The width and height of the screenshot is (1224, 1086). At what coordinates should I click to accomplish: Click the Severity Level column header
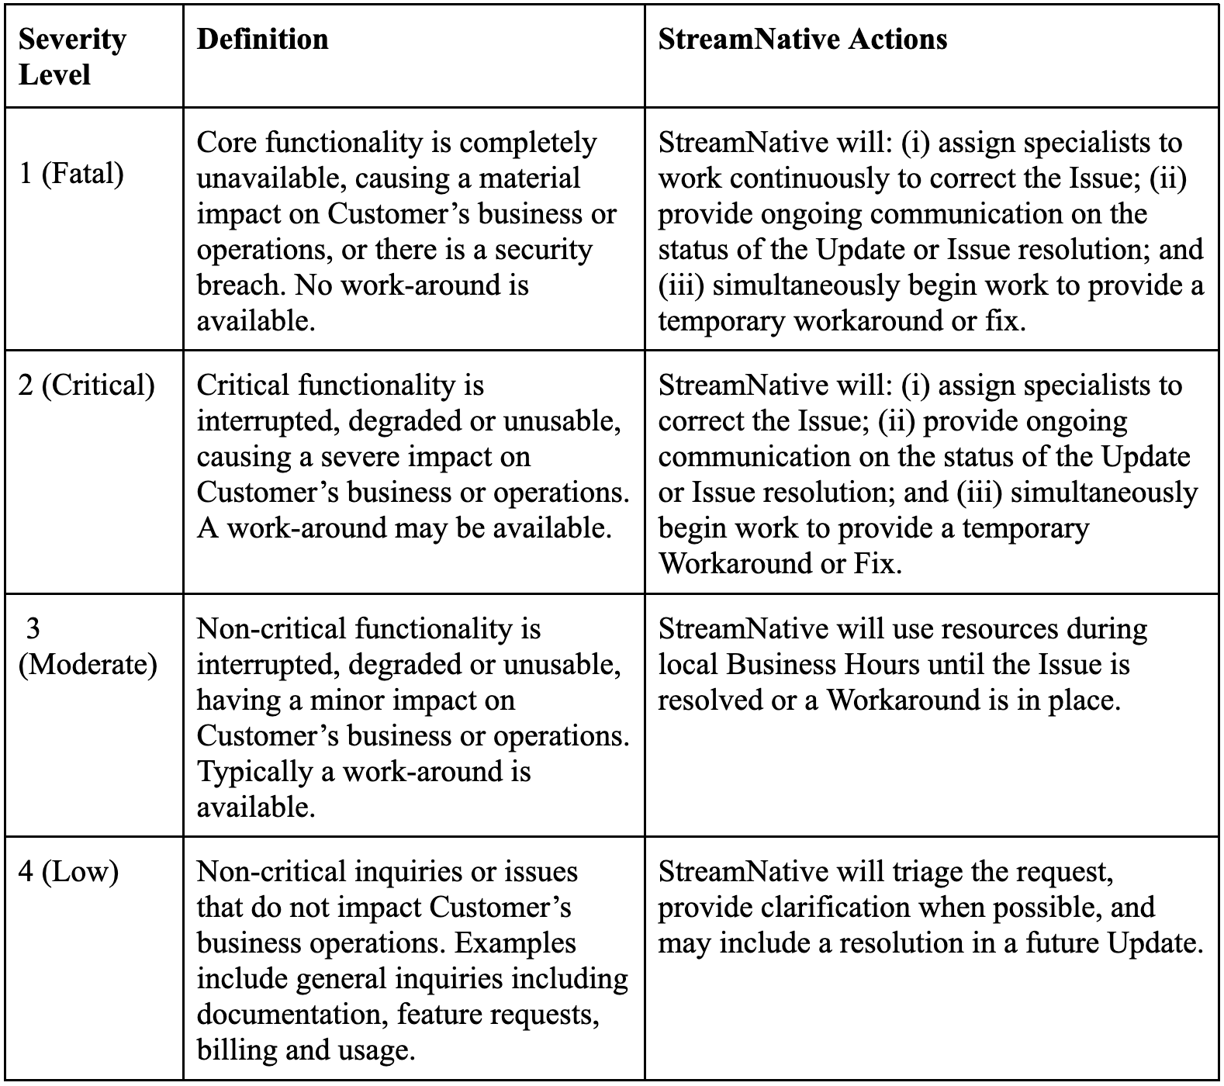point(71,57)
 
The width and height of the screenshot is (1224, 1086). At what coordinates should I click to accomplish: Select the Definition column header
point(262,39)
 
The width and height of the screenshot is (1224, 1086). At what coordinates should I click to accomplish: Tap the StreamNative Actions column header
point(802,39)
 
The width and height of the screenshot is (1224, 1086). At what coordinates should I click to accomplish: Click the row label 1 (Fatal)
point(71,173)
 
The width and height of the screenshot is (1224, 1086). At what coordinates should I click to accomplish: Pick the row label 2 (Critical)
point(86,385)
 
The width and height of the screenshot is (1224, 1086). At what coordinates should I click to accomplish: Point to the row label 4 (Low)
point(68,872)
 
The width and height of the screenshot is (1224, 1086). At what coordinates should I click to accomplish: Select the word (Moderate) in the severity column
point(88,665)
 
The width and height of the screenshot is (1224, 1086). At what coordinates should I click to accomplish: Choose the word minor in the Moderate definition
point(347,700)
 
